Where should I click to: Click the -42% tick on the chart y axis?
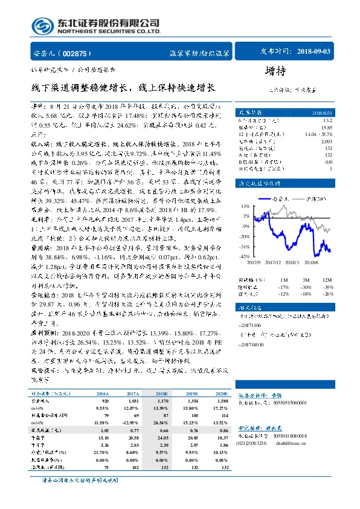[245, 256]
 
